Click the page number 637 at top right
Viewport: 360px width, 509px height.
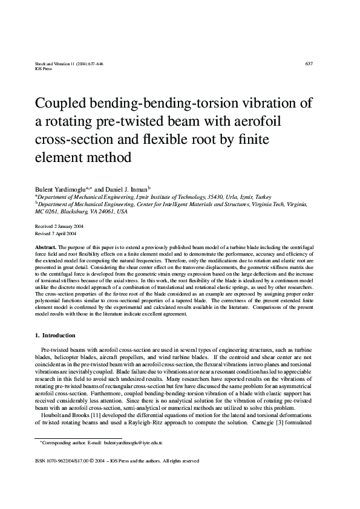coord(309,63)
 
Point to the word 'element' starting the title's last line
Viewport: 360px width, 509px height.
coord(61,158)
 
